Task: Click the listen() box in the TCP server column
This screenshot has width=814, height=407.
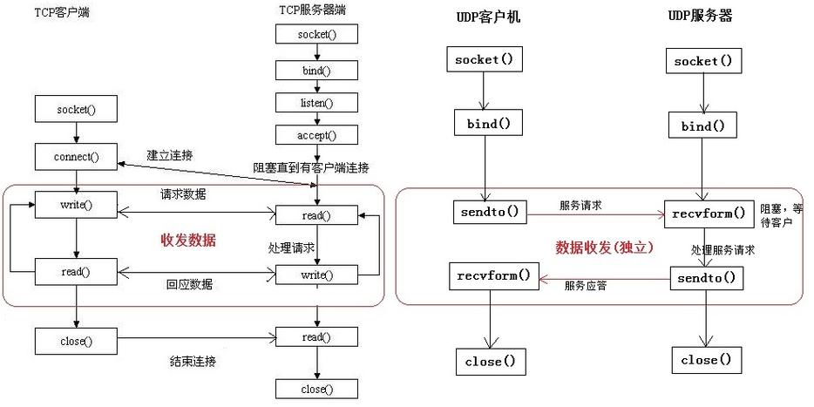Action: pyautogui.click(x=304, y=103)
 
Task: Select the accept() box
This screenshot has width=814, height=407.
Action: pyautogui.click(x=304, y=135)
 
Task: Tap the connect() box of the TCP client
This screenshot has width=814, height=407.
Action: pyautogui.click(x=77, y=158)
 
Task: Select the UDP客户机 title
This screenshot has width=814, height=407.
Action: pyautogui.click(x=488, y=17)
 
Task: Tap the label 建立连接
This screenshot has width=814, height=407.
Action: pyautogui.click(x=170, y=155)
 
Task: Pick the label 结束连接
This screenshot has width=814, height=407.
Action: pyautogui.click(x=193, y=361)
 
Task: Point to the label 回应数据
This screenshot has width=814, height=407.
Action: pyautogui.click(x=189, y=284)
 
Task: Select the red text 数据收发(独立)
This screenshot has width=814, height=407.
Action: pyautogui.click(x=605, y=247)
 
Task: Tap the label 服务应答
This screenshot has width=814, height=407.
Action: pyautogui.click(x=586, y=285)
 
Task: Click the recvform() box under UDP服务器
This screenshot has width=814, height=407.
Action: pyautogui.click(x=708, y=212)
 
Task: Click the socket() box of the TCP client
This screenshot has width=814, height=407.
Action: pyautogui.click(x=77, y=110)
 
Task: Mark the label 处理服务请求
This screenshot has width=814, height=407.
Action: pyautogui.click(x=723, y=249)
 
